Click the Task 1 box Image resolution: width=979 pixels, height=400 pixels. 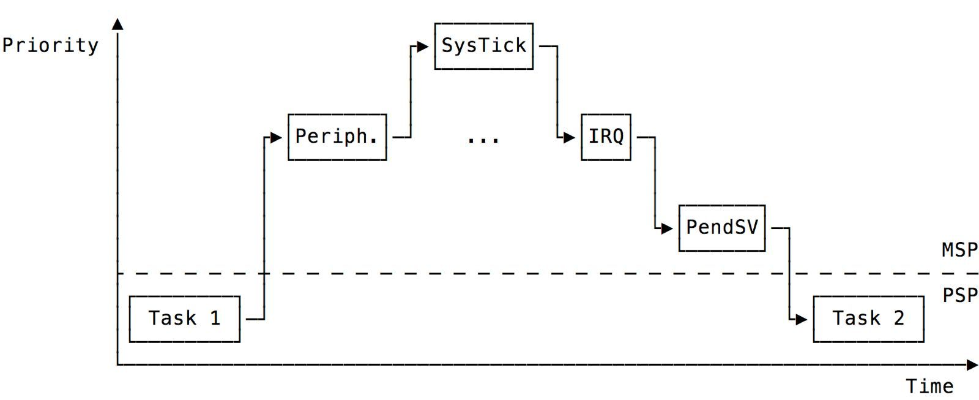(x=184, y=319)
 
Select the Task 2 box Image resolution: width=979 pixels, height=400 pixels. (x=868, y=319)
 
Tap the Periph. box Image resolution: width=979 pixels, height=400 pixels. (x=337, y=137)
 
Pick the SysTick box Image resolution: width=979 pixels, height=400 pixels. (x=483, y=46)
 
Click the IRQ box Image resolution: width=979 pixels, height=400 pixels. (x=606, y=137)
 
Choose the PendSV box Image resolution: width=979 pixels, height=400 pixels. (x=722, y=228)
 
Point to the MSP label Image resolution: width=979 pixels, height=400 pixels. (x=959, y=250)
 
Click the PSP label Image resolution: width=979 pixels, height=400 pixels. (x=959, y=296)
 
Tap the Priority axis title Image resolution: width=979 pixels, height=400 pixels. (x=50, y=46)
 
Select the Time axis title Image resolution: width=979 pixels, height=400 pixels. (x=929, y=387)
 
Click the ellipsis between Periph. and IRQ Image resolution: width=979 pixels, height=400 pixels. (x=483, y=140)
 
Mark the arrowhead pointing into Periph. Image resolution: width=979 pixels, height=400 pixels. (x=277, y=137)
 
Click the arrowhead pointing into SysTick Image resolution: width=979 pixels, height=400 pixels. (x=423, y=47)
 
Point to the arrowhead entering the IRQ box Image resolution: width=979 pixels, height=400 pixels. (x=570, y=137)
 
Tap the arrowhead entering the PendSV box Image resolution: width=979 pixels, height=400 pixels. (x=668, y=228)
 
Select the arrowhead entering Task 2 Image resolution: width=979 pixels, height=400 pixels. (x=802, y=319)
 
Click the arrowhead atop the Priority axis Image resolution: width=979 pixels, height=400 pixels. (x=117, y=24)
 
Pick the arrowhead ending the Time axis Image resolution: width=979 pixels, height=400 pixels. (x=972, y=365)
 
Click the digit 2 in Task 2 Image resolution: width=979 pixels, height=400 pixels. (x=899, y=319)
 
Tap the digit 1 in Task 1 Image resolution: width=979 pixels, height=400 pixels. (x=215, y=319)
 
